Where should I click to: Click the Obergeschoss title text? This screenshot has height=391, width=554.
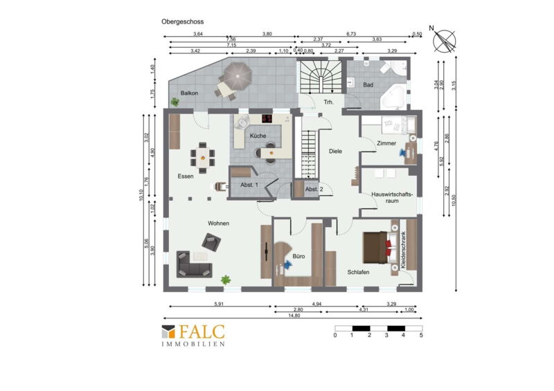coord(182,21)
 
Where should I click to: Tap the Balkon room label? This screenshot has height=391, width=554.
coord(189,93)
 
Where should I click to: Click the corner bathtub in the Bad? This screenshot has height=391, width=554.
coord(393,97)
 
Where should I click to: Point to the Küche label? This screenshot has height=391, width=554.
coord(258,136)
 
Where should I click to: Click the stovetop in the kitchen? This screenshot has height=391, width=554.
coord(267,118)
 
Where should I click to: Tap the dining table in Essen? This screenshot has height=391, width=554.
coord(202,158)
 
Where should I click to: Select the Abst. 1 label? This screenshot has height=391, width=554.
coord(249,185)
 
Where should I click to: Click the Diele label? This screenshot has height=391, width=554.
coord(335,151)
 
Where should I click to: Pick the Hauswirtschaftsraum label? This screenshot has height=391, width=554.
coord(392,197)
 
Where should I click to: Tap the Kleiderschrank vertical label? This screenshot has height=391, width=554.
coord(403,251)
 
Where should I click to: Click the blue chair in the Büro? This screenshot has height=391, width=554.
coord(287,264)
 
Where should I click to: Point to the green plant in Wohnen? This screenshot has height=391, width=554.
coord(226,280)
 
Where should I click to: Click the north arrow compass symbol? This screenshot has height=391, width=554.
coord(444,40)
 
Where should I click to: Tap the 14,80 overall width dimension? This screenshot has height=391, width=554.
coord(294,316)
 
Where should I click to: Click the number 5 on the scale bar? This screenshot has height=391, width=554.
coord(421,335)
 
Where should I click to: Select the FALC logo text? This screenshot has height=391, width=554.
coord(202,332)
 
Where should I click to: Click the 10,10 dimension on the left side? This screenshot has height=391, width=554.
coord(141,195)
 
